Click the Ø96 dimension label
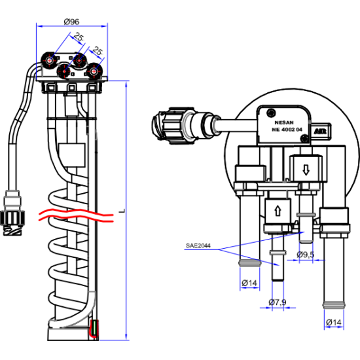[x=71, y=22]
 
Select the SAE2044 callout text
[x=198, y=245]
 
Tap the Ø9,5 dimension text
[x=306, y=255]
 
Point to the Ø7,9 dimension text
[x=278, y=302]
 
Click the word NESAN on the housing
[x=284, y=122]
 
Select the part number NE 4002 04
[x=287, y=130]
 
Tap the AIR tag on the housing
[x=320, y=132]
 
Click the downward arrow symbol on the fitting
[x=306, y=170]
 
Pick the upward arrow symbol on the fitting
[x=278, y=211]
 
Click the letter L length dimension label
[x=122, y=211]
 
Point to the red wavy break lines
[x=76, y=215]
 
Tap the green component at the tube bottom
[x=94, y=328]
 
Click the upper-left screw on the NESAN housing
[x=272, y=113]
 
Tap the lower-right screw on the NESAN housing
[x=305, y=138]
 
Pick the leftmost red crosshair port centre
[x=49, y=60]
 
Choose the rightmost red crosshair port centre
[x=94, y=71]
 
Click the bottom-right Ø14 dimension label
[x=334, y=323]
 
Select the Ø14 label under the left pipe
[x=249, y=283]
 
